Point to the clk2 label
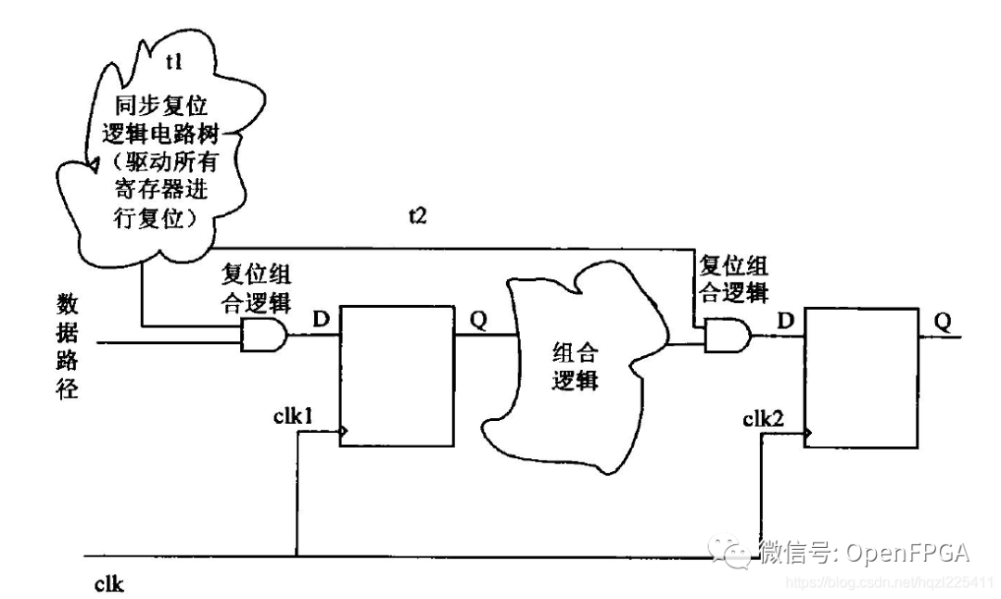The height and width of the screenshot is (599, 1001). [x=766, y=415]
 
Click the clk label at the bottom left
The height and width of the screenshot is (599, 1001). [x=109, y=584]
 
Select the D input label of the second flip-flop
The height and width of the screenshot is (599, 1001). [x=785, y=320]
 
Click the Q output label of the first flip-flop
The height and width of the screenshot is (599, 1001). [x=478, y=319]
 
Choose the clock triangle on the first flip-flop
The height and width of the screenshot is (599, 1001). [x=345, y=431]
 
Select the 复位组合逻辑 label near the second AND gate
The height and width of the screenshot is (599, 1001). [x=733, y=277]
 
